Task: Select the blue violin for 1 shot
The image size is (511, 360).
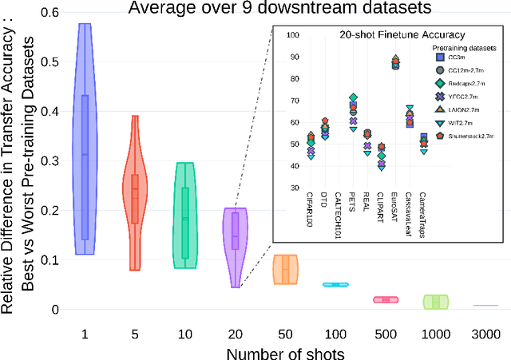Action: [84, 144]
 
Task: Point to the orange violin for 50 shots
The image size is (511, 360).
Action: [285, 270]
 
